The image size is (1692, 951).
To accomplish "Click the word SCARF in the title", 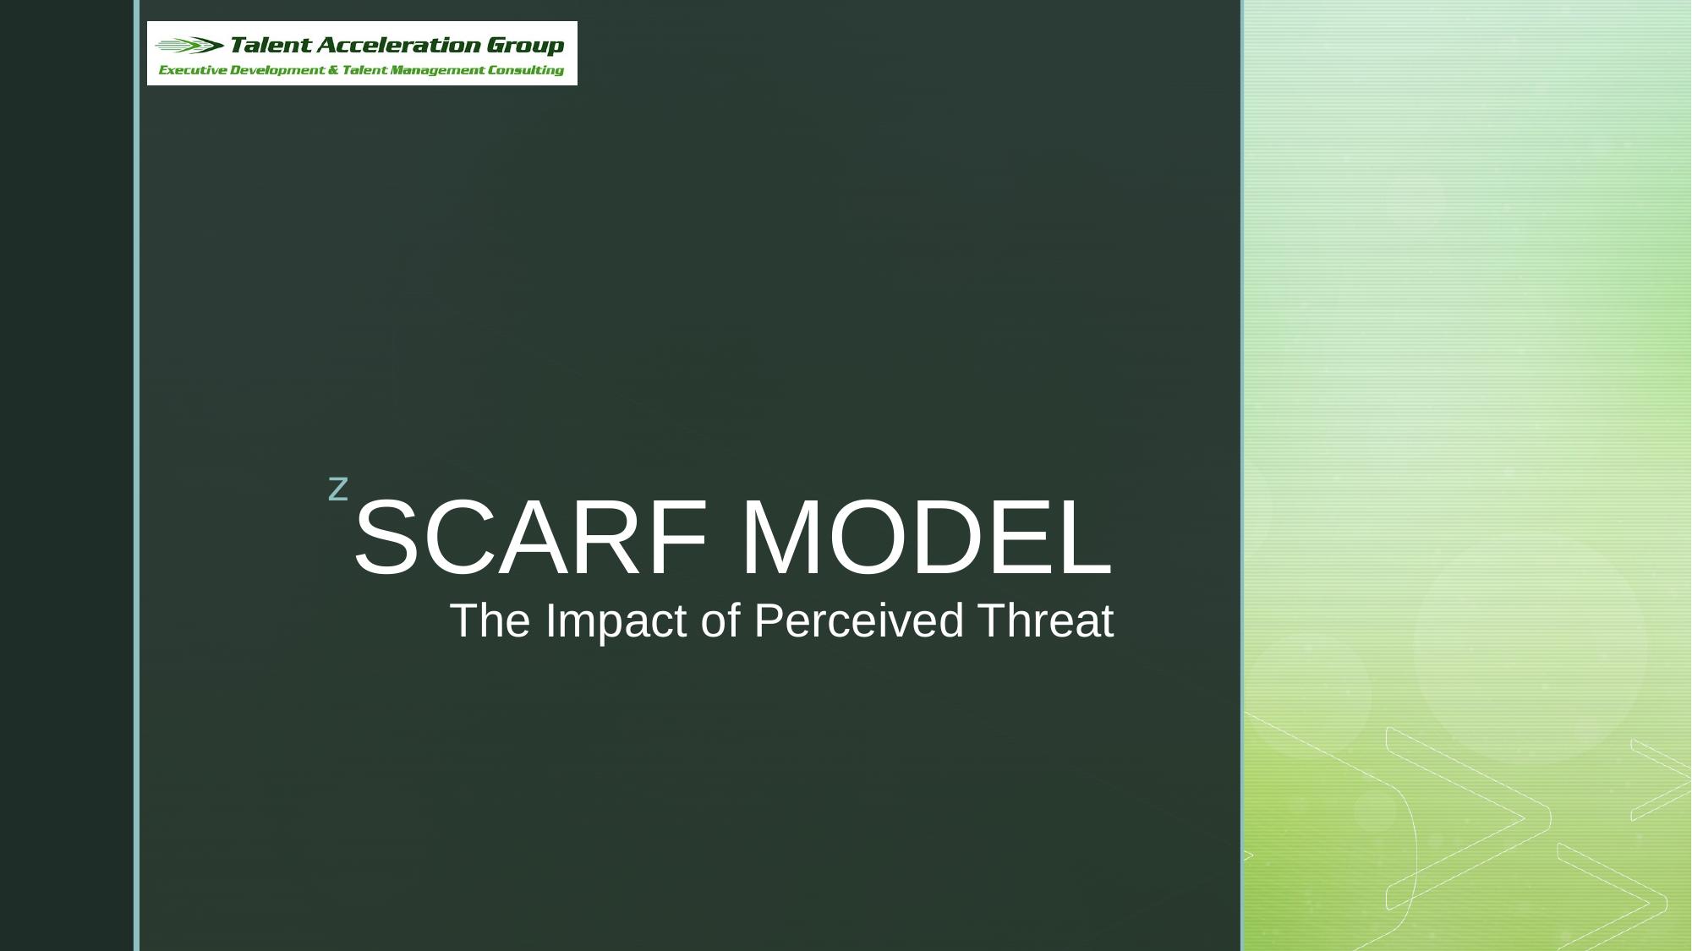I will point(530,538).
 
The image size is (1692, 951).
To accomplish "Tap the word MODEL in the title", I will point(925,538).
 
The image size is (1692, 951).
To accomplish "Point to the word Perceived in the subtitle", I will point(858,620).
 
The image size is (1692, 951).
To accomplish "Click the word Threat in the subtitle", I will point(1045,620).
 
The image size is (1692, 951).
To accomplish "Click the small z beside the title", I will point(338,489).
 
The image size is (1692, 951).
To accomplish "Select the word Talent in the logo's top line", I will point(269,45).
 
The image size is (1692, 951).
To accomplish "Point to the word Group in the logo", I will point(525,45).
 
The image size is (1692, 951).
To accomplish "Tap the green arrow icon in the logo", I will point(190,46).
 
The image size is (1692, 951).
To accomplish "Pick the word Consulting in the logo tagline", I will point(526,70).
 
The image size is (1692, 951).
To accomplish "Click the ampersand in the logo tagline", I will point(333,70).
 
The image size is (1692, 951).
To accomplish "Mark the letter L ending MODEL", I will point(1087,538).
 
